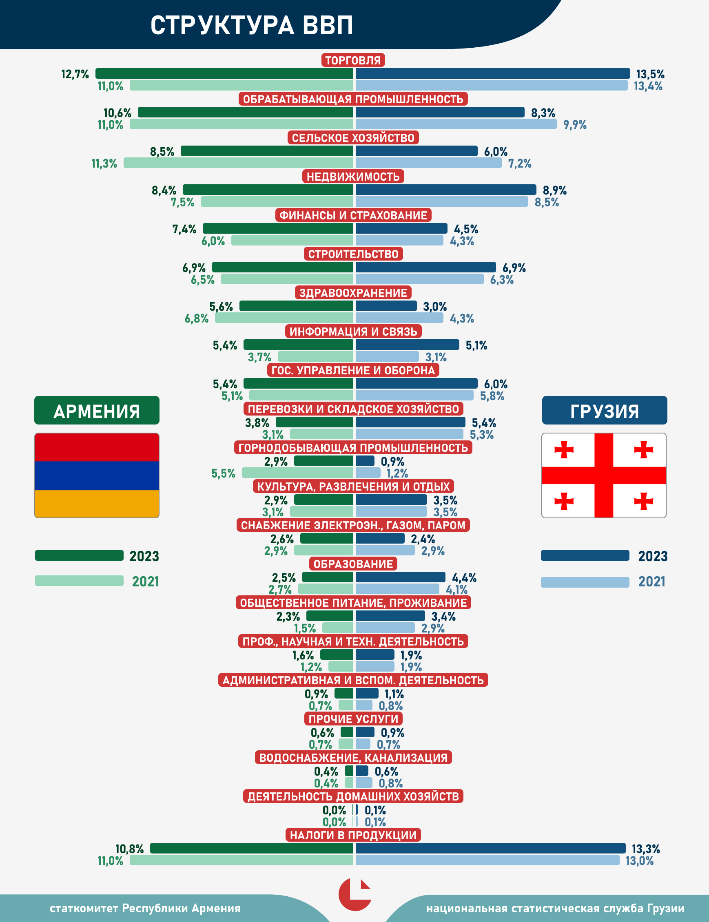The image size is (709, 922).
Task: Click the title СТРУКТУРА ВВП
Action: click(x=252, y=25)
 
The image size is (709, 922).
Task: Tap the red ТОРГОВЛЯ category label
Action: click(x=353, y=60)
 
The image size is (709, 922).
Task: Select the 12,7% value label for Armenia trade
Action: click(x=75, y=74)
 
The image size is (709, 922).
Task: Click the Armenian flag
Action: click(x=97, y=475)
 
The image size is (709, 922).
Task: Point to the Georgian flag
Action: click(x=603, y=475)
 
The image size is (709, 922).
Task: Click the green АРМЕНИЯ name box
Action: click(x=97, y=410)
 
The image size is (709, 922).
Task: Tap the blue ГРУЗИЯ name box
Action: click(x=604, y=410)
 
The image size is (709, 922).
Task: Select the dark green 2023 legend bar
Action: click(x=79, y=555)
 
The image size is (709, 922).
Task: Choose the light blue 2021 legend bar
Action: click(x=585, y=582)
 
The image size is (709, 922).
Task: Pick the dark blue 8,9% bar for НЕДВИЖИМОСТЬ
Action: click(x=445, y=190)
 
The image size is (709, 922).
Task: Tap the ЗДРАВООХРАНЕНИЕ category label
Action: click(x=353, y=293)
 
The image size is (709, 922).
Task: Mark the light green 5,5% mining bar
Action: click(x=297, y=473)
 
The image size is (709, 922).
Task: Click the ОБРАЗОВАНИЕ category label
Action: click(x=353, y=564)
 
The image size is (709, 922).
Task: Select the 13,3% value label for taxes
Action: click(x=646, y=849)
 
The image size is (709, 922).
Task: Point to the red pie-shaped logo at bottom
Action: click(x=354, y=895)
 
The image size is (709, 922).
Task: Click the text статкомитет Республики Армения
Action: click(x=145, y=908)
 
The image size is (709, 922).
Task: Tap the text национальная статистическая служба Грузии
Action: click(x=555, y=908)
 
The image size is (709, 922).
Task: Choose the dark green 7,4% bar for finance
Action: click(x=278, y=229)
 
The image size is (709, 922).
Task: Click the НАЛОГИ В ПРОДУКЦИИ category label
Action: click(x=353, y=835)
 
